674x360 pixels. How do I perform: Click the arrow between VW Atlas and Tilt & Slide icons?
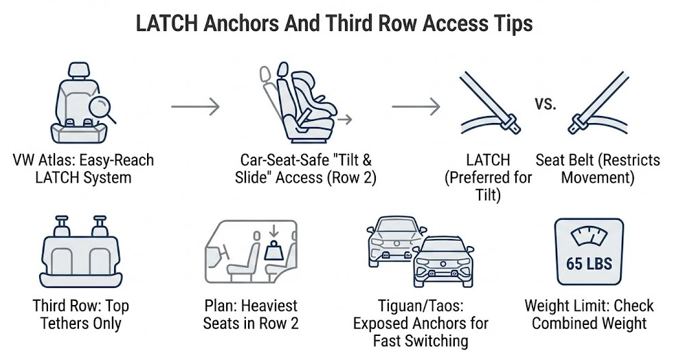(194, 107)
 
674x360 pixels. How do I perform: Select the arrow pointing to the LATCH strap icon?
(416, 107)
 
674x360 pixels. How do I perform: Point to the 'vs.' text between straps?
(545, 104)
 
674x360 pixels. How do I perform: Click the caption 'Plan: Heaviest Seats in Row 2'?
(251, 314)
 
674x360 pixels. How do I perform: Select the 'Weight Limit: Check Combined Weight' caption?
(589, 314)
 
